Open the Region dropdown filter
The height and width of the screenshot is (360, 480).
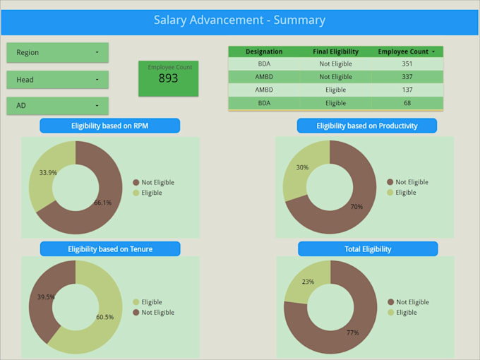click(57, 53)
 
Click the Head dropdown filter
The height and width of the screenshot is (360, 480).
click(57, 80)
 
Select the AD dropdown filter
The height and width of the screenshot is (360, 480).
click(57, 106)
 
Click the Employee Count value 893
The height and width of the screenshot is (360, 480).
click(168, 78)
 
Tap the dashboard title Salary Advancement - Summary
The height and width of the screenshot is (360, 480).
click(239, 20)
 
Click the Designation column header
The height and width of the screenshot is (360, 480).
click(264, 52)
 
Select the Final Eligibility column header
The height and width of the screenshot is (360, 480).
click(335, 52)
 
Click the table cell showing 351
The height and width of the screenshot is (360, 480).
click(407, 64)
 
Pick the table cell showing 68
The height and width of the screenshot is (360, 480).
click(407, 103)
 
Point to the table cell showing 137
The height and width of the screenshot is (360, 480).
click(407, 90)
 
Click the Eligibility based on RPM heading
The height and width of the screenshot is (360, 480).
click(109, 126)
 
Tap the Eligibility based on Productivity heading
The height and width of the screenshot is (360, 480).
click(366, 126)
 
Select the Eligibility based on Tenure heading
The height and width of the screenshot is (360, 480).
click(109, 249)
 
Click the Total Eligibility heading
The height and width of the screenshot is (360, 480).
click(367, 249)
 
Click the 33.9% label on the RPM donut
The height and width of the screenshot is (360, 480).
click(48, 172)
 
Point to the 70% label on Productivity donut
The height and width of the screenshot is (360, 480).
click(356, 207)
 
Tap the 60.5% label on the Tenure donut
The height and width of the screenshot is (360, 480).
click(104, 317)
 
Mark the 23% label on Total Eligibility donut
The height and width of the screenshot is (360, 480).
click(308, 282)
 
